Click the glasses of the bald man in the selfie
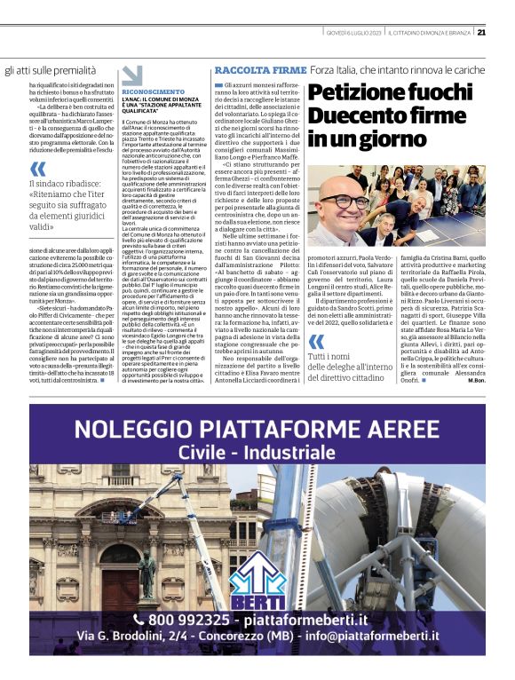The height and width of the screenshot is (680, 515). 353,201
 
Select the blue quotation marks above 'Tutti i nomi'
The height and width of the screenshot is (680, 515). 316,344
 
